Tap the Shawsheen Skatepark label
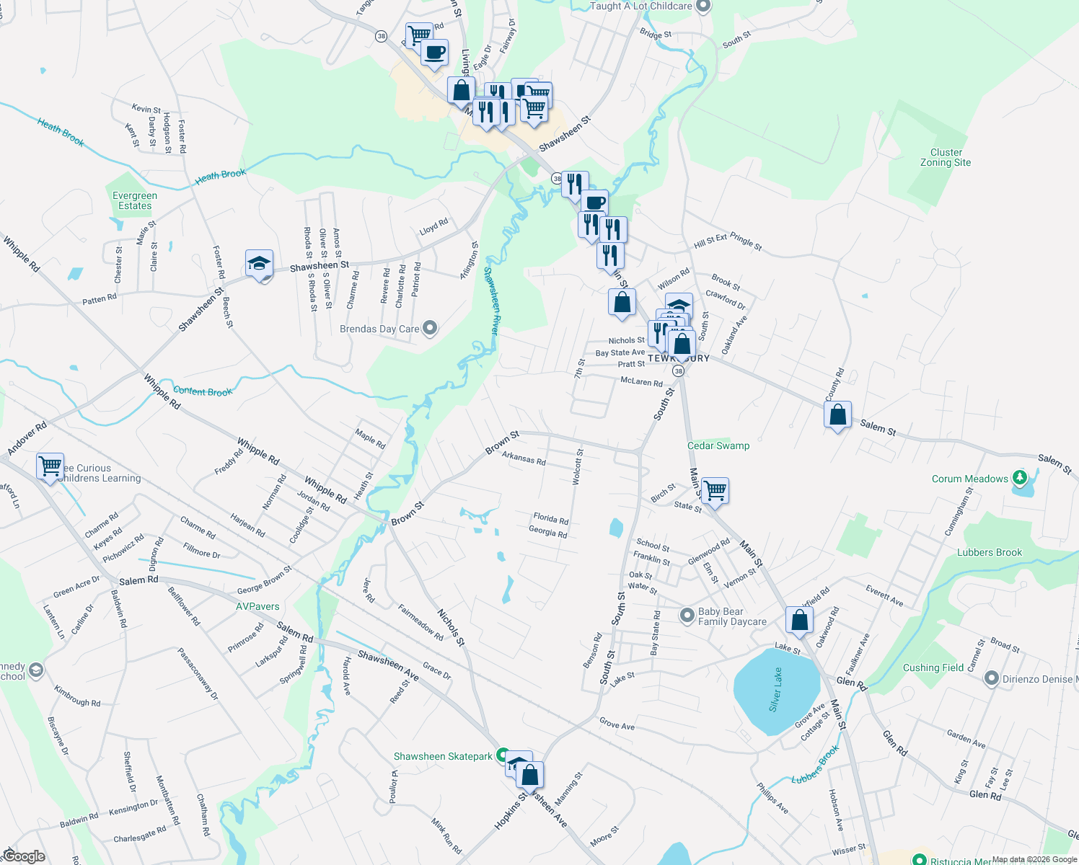(x=443, y=756)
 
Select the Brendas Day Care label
(x=379, y=329)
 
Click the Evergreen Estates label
(x=135, y=200)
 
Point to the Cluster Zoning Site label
(x=946, y=157)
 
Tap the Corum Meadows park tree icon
(x=1019, y=477)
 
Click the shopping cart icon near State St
(x=715, y=491)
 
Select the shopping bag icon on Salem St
(x=837, y=414)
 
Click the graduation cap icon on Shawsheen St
(x=259, y=264)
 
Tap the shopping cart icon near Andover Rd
(x=50, y=466)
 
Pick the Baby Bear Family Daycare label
(x=731, y=616)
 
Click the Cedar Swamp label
(x=718, y=445)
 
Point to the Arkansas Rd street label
(x=524, y=458)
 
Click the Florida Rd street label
(x=550, y=518)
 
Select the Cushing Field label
(x=933, y=667)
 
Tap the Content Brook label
(x=203, y=391)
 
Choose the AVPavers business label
(x=257, y=606)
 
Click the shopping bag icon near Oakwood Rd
(x=799, y=620)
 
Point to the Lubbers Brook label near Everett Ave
(x=989, y=552)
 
